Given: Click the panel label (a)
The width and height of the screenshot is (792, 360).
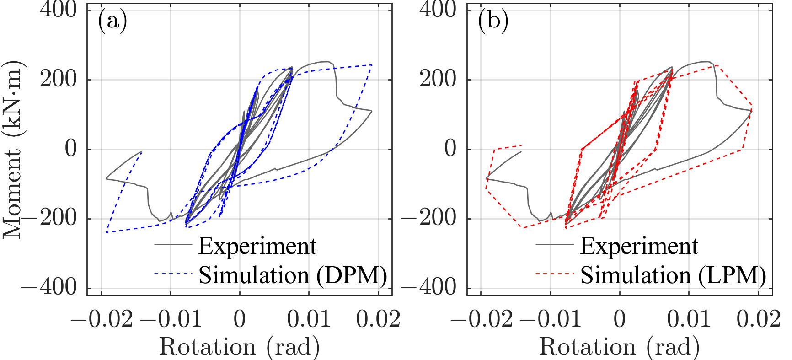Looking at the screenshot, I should (x=112, y=21).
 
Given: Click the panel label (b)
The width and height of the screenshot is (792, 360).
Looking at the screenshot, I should (x=492, y=21).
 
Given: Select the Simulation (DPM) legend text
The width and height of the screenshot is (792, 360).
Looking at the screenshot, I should (x=293, y=275).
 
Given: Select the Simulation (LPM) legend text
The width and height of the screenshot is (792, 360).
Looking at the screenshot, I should (x=673, y=275).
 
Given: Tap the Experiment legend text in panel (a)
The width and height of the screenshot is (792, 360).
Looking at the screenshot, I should (x=257, y=246).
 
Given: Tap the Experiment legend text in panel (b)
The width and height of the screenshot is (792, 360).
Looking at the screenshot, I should (x=639, y=246).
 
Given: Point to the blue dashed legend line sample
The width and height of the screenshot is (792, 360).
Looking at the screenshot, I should (x=173, y=274).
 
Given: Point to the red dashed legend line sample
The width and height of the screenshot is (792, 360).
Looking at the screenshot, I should (x=554, y=274).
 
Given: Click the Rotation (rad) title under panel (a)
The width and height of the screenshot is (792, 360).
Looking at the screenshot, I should (x=239, y=346).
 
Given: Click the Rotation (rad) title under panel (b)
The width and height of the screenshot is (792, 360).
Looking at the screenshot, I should (x=619, y=346).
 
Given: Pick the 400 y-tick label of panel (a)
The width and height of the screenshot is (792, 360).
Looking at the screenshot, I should (x=58, y=10).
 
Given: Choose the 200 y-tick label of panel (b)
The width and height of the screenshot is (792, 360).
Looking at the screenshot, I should (x=438, y=79).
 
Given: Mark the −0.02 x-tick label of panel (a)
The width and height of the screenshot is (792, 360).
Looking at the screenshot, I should (x=102, y=319).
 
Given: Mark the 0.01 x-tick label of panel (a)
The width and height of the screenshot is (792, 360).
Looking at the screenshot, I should (x=309, y=319).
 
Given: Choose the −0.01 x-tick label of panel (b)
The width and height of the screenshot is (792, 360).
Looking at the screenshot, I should (x=551, y=319).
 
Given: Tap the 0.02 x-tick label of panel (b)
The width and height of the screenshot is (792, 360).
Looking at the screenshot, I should (x=758, y=319).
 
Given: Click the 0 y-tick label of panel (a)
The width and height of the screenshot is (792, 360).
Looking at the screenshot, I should (x=71, y=149).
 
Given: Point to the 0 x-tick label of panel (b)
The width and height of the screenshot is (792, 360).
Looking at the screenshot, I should (x=620, y=319).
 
